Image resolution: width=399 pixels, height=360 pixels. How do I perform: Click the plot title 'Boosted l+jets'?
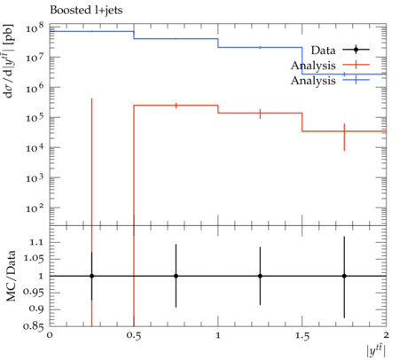(86, 11)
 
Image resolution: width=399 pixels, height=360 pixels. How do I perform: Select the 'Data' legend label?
(323, 51)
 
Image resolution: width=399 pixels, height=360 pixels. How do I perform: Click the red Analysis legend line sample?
(356, 65)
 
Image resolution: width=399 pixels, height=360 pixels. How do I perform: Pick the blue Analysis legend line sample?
(356, 80)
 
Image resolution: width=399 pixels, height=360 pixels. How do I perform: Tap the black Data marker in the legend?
(356, 50)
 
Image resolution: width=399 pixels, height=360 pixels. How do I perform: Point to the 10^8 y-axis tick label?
(35, 27)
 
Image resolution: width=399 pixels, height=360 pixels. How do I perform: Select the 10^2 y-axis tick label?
(35, 207)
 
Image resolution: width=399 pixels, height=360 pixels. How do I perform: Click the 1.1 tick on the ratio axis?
(36, 243)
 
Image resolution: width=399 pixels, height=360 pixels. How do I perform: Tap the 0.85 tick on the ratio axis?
(33, 326)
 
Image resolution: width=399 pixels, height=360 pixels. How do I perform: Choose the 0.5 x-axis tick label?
(134, 335)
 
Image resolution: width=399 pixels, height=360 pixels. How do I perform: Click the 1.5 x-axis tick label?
(302, 335)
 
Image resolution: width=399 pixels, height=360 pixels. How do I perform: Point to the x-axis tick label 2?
(386, 335)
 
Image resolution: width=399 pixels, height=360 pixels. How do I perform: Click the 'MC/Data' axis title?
(12, 276)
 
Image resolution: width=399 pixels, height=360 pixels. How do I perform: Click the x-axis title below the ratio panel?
(376, 351)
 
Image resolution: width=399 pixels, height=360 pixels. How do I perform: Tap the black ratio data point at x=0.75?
(176, 276)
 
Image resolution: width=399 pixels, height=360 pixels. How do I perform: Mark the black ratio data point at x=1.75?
(344, 276)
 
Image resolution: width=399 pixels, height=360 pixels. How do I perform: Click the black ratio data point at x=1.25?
(260, 276)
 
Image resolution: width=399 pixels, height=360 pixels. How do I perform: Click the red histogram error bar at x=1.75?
(344, 137)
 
